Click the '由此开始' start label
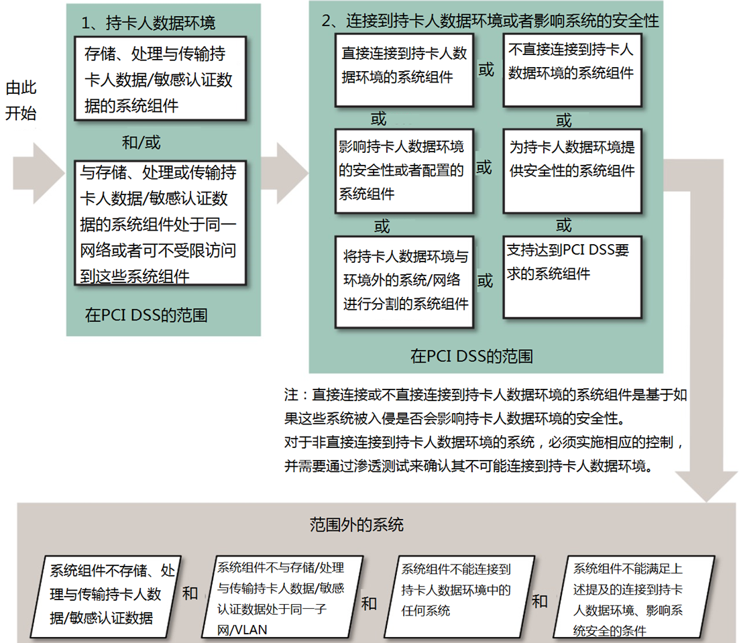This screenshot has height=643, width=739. point(21,101)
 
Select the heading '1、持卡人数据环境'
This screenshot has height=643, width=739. point(148,23)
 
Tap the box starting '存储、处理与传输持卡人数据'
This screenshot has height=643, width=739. point(159,79)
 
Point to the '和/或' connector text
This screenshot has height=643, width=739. point(141,143)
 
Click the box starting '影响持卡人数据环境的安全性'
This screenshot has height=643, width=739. point(404,171)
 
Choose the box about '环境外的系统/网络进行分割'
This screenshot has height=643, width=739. point(404,281)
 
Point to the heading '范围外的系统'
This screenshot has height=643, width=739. point(356,524)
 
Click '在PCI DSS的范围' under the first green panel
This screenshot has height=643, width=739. point(146,316)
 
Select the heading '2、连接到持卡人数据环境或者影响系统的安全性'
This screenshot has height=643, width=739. point(490,21)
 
